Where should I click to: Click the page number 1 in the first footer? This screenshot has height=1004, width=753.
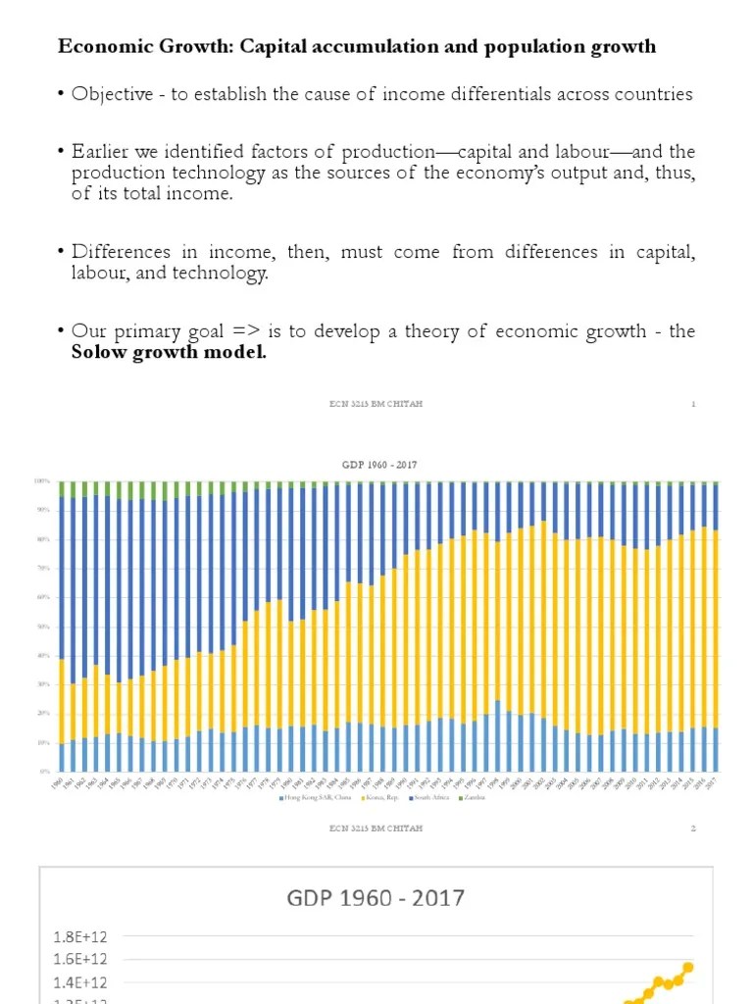click(x=693, y=404)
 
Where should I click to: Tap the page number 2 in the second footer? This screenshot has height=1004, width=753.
click(x=693, y=828)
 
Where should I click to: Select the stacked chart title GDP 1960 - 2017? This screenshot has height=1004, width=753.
click(x=378, y=464)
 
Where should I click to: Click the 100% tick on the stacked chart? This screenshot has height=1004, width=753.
click(x=42, y=481)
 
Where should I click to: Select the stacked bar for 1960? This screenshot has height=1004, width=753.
click(x=63, y=627)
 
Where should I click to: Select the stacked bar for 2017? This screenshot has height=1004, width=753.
click(x=715, y=627)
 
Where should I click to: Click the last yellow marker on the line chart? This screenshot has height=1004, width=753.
click(x=688, y=967)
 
